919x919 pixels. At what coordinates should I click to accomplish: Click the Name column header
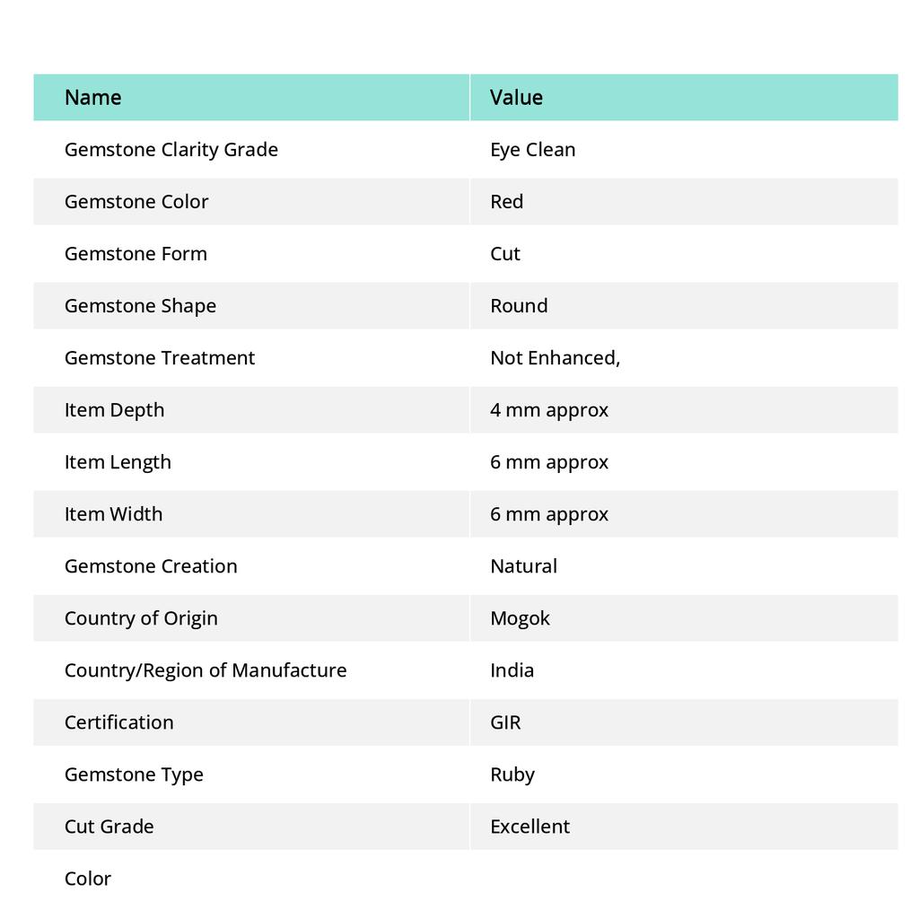coord(92,97)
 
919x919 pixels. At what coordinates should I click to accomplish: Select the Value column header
coord(516,97)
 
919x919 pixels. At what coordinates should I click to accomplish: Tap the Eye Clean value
coord(532,149)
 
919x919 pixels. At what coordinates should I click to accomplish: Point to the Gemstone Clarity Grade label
coord(171,149)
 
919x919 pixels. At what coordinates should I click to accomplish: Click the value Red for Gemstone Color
coord(506,201)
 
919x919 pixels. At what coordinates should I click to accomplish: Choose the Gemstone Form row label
coord(136,253)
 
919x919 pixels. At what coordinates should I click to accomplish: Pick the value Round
coord(519,305)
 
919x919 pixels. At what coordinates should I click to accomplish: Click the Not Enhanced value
coord(555,357)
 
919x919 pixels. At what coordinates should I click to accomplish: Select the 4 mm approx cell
coord(548,409)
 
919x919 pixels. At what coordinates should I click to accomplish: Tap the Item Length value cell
coord(548,461)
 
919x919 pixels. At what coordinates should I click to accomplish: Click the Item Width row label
coord(113,513)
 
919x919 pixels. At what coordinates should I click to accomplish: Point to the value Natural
coord(523,565)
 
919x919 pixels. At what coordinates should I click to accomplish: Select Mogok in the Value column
coord(520,617)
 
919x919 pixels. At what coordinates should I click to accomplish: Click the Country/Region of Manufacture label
coord(205,670)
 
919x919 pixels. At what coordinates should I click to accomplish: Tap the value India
coord(512,670)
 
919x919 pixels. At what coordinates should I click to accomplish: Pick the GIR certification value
coord(505,722)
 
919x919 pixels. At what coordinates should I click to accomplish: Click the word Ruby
coord(512,774)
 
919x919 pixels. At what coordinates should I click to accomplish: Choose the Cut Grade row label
coord(109,826)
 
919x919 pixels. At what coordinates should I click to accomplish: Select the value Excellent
coord(530,826)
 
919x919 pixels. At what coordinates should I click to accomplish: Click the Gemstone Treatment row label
coord(159,357)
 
